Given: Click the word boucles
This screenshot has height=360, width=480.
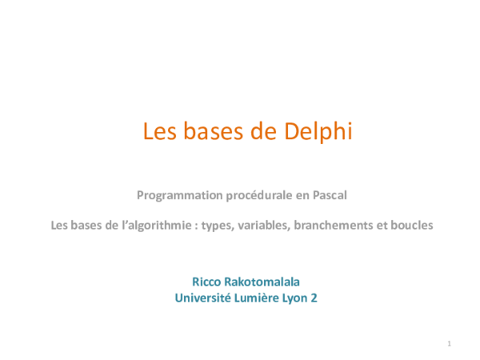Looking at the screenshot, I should pyautogui.click(x=410, y=226).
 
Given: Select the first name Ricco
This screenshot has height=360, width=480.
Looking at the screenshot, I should pyautogui.click(x=207, y=282).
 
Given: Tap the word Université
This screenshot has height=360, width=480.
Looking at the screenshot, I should pyautogui.click(x=202, y=298).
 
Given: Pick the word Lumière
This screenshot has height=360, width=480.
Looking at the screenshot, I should pyautogui.click(x=256, y=298).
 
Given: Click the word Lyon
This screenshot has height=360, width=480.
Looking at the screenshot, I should pyautogui.click(x=295, y=298).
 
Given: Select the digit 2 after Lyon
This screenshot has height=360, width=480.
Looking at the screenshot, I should pyautogui.click(x=314, y=298).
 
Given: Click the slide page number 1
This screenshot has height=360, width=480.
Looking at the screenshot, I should pyautogui.click(x=450, y=344).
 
